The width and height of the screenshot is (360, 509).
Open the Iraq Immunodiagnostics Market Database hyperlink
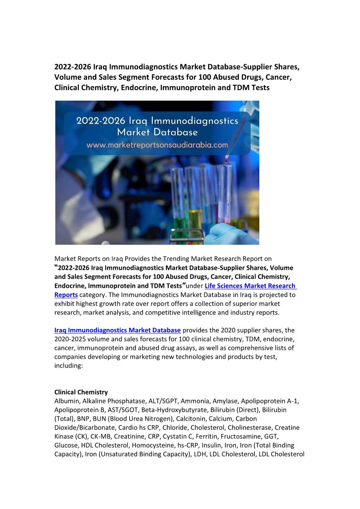(117, 330)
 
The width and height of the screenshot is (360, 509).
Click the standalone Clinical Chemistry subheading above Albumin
(81, 392)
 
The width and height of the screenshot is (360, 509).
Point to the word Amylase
(225, 401)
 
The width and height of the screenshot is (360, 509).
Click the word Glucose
(66, 446)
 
